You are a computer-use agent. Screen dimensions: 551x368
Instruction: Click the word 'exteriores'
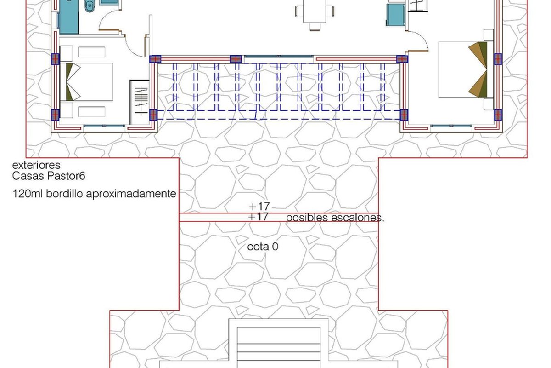[36, 165]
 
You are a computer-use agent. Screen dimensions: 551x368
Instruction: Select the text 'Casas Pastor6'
[49, 176]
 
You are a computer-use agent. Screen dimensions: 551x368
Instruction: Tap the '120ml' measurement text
[28, 194]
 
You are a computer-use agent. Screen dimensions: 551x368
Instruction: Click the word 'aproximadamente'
[131, 194]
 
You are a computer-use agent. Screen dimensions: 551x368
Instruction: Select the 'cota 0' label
[263, 247]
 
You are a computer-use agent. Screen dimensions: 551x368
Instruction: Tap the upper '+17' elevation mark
[259, 206]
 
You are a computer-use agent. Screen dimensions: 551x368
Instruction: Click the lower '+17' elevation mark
[258, 217]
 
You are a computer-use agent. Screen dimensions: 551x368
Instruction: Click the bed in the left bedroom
[86, 82]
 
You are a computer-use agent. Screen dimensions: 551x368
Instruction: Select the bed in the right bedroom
[463, 69]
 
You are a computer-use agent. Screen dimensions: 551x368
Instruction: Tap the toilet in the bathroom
[90, 6]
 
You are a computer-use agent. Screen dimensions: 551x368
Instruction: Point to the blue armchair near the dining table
[395, 15]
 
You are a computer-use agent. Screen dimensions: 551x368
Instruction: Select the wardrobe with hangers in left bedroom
[140, 102]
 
